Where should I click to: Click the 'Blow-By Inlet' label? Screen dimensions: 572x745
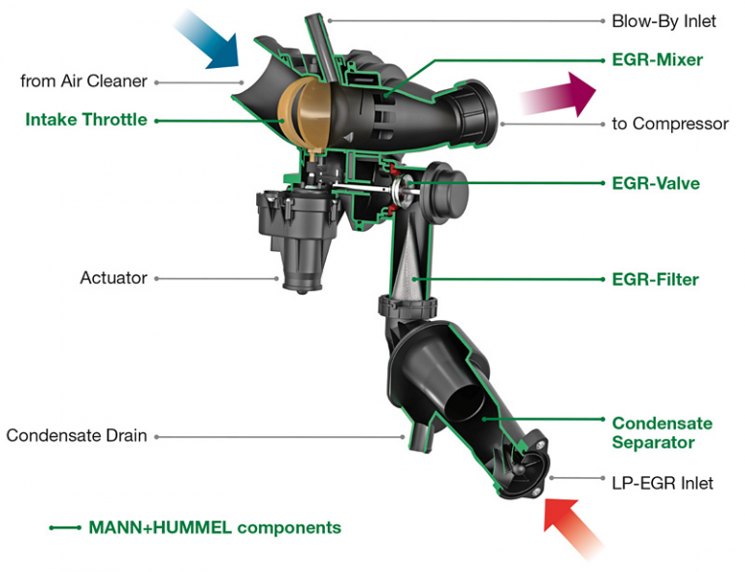click(x=664, y=20)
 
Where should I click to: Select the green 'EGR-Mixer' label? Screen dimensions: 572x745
click(x=657, y=60)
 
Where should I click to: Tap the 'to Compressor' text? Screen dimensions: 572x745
click(x=669, y=124)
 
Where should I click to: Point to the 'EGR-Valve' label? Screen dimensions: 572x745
click(x=655, y=183)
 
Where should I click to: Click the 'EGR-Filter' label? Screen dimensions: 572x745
click(x=655, y=279)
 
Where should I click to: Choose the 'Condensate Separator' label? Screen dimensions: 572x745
click(x=662, y=432)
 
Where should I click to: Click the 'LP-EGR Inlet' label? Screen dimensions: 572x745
click(x=663, y=482)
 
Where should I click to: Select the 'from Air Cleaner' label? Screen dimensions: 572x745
click(x=83, y=81)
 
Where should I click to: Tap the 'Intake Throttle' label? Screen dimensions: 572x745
click(x=87, y=120)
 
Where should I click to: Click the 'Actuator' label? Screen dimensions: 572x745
click(x=113, y=278)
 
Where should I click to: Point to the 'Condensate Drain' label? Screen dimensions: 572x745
click(x=77, y=435)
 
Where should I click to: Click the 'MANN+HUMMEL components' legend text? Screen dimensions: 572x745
click(x=214, y=527)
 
